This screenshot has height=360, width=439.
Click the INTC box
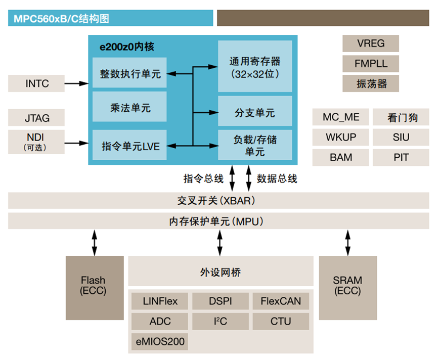[x=37, y=83]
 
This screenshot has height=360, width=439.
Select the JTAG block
[x=37, y=118]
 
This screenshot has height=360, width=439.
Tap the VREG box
[x=370, y=43]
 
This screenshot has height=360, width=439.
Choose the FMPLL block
[x=370, y=64]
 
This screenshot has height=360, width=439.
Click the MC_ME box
[x=341, y=117]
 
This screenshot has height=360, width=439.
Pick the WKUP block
[x=341, y=137]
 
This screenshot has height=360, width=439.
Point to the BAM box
[x=341, y=157]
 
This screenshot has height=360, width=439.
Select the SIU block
[x=401, y=137]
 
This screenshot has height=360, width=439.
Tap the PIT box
[x=401, y=157]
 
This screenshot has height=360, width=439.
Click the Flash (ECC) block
[x=95, y=287]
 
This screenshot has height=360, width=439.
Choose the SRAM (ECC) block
[x=347, y=287]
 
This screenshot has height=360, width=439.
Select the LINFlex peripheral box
[x=161, y=301]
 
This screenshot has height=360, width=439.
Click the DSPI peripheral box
[x=221, y=301]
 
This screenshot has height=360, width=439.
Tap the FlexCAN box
[x=281, y=301]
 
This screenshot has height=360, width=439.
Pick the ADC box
[x=161, y=321]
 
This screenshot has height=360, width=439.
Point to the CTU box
[x=281, y=321]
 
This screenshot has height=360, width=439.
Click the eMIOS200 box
[x=161, y=341]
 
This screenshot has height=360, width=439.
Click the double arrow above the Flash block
[x=95, y=243]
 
